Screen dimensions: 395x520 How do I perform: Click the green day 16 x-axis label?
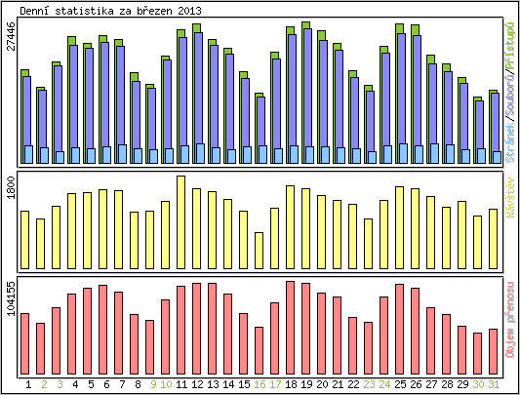click(x=260, y=384)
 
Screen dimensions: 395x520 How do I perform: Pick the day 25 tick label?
click(x=400, y=384)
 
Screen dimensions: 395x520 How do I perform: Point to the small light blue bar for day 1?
click(x=28, y=154)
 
